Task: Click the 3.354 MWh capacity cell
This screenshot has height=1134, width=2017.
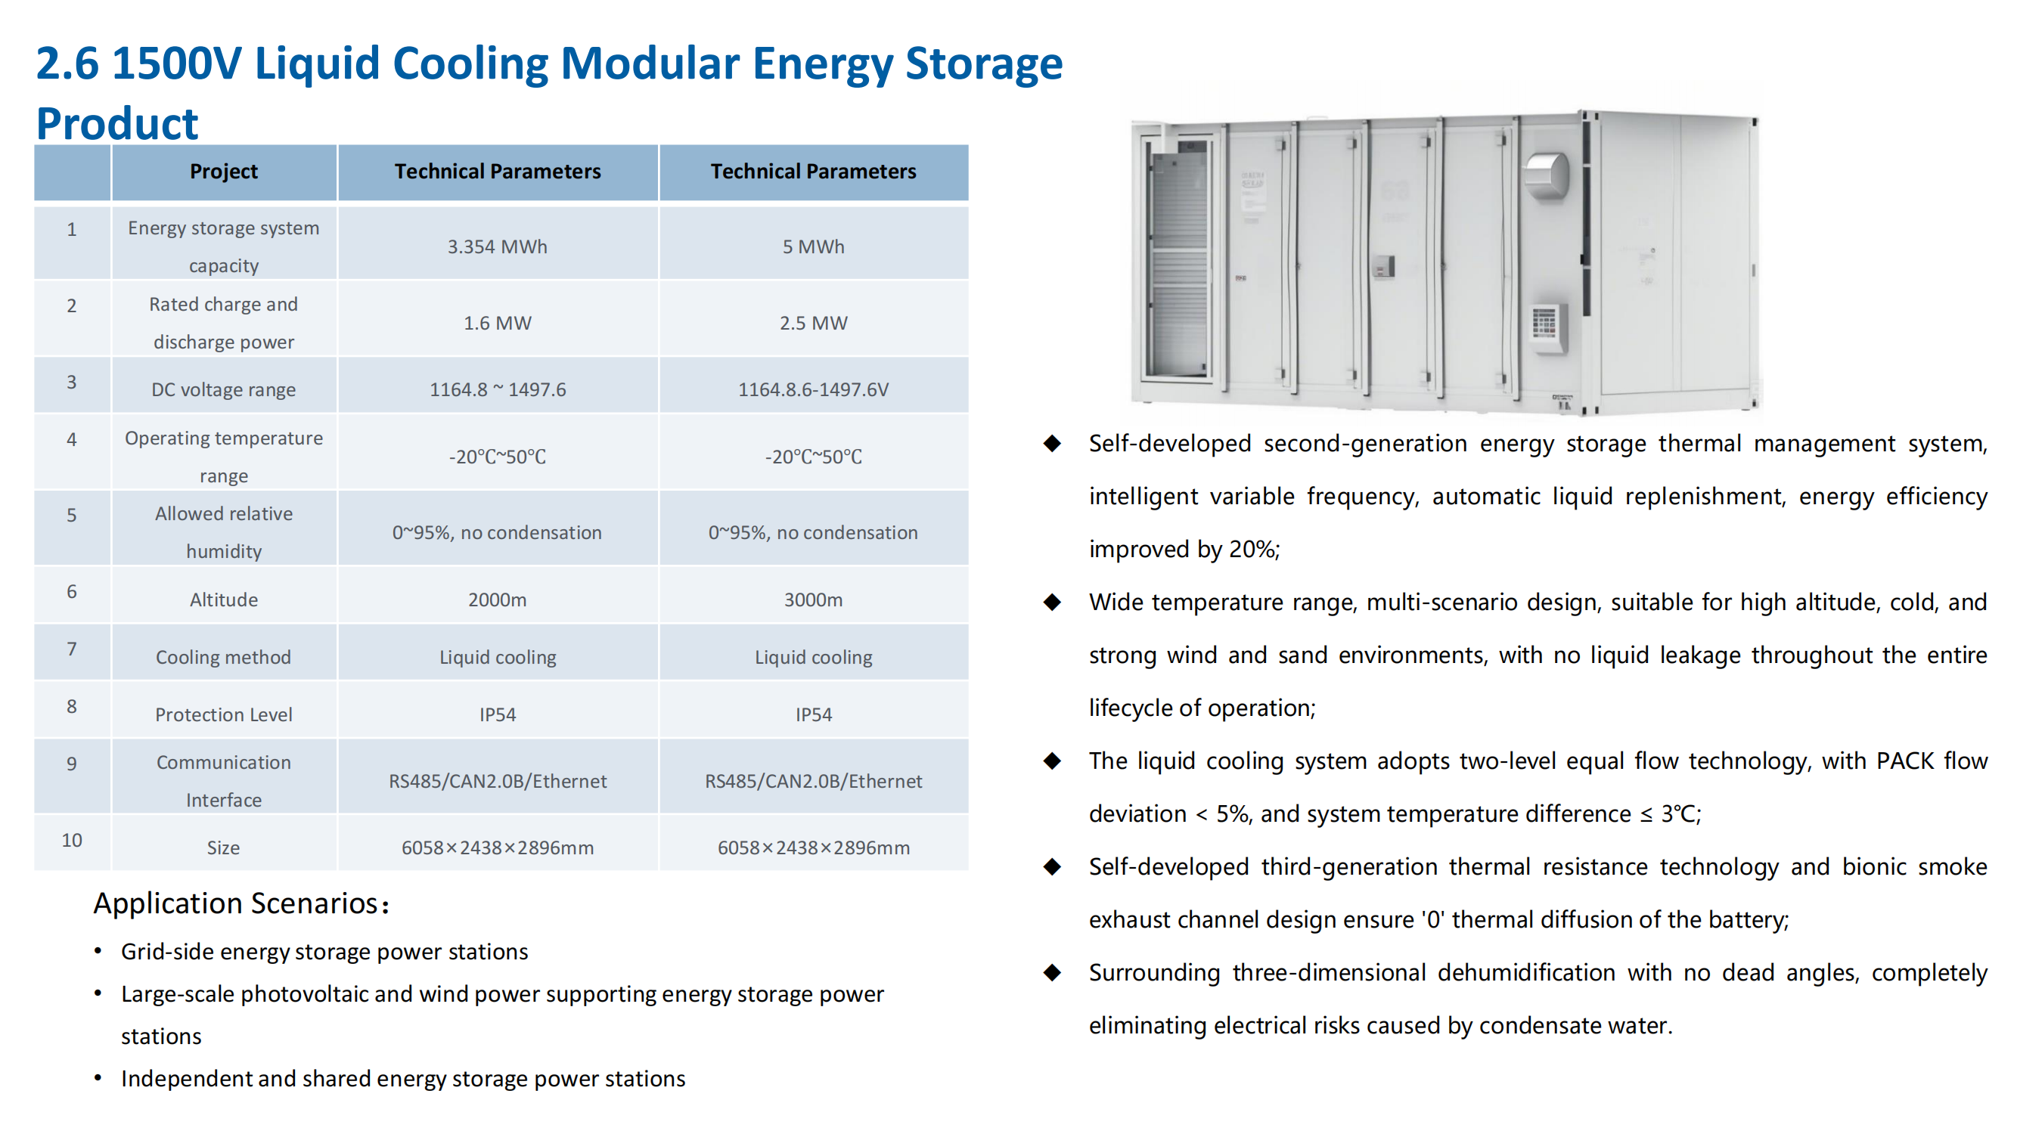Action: coord(497,246)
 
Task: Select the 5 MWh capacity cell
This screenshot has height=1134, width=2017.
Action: coord(814,246)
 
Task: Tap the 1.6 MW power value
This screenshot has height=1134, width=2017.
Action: coord(497,323)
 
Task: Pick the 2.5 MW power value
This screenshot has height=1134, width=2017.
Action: coord(814,323)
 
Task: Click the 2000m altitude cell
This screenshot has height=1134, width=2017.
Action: coord(497,600)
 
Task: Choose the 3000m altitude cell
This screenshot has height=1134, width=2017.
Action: coord(814,600)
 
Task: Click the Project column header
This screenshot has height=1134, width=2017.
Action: coord(224,172)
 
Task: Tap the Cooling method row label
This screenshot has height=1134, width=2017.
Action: coord(224,657)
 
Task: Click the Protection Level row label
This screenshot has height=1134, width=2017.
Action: coord(224,714)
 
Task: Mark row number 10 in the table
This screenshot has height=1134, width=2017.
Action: coord(72,840)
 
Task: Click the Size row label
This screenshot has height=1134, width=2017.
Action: coord(224,847)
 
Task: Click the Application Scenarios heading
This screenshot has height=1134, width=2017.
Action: coord(241,903)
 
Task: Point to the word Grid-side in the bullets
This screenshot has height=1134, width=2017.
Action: coord(167,952)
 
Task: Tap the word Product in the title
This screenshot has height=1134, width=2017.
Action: coord(117,123)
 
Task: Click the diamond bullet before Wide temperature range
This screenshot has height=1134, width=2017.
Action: coord(1052,602)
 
